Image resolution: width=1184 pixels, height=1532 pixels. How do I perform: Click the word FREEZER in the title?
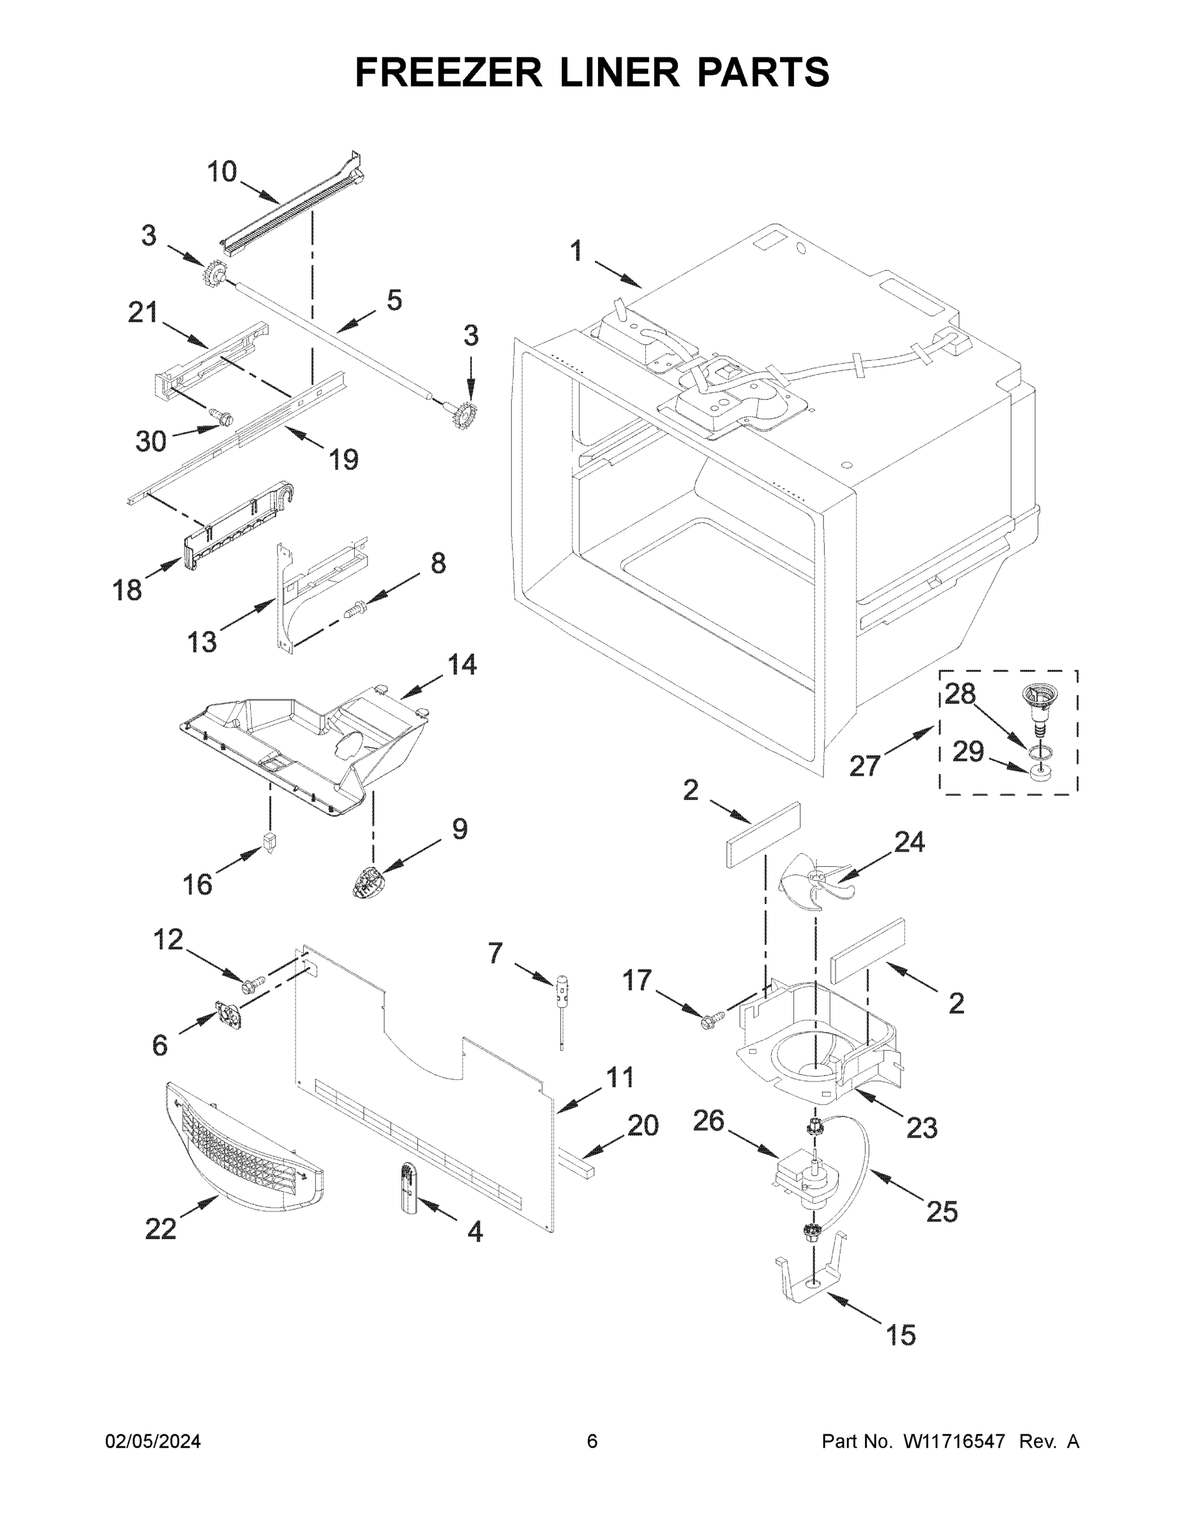point(448,72)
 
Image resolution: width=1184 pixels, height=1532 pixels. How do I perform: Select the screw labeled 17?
point(709,1022)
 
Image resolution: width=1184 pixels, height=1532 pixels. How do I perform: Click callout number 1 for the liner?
point(576,251)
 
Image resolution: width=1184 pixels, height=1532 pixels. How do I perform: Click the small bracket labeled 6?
point(230,1015)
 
